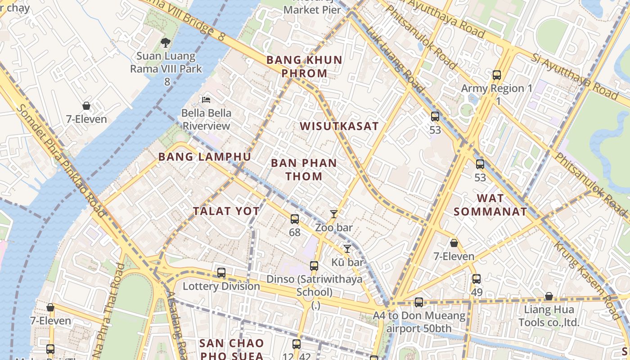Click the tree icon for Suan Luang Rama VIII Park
[166, 43]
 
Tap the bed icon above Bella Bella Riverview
[206, 99]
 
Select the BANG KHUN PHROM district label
[304, 67]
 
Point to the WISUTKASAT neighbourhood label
[339, 126]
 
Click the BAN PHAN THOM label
[304, 169]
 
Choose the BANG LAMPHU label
[205, 157]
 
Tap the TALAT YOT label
[226, 211]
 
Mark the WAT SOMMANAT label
[490, 205]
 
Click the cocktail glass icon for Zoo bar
[333, 214]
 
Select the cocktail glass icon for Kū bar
[347, 249]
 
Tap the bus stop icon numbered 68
[294, 219]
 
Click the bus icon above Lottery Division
[221, 272]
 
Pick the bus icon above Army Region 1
[497, 75]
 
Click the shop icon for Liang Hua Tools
[549, 297]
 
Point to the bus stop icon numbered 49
[477, 279]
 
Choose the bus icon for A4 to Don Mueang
[419, 302]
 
